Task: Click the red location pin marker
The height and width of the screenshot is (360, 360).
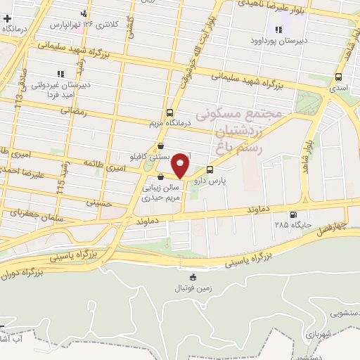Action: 181,165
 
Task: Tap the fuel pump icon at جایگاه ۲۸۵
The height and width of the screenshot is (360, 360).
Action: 292,215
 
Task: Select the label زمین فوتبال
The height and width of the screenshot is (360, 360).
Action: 193,288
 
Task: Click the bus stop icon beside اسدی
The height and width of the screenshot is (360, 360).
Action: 340,77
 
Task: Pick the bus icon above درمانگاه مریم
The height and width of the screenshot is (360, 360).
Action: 169,112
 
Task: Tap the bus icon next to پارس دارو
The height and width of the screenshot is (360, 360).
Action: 210,169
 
